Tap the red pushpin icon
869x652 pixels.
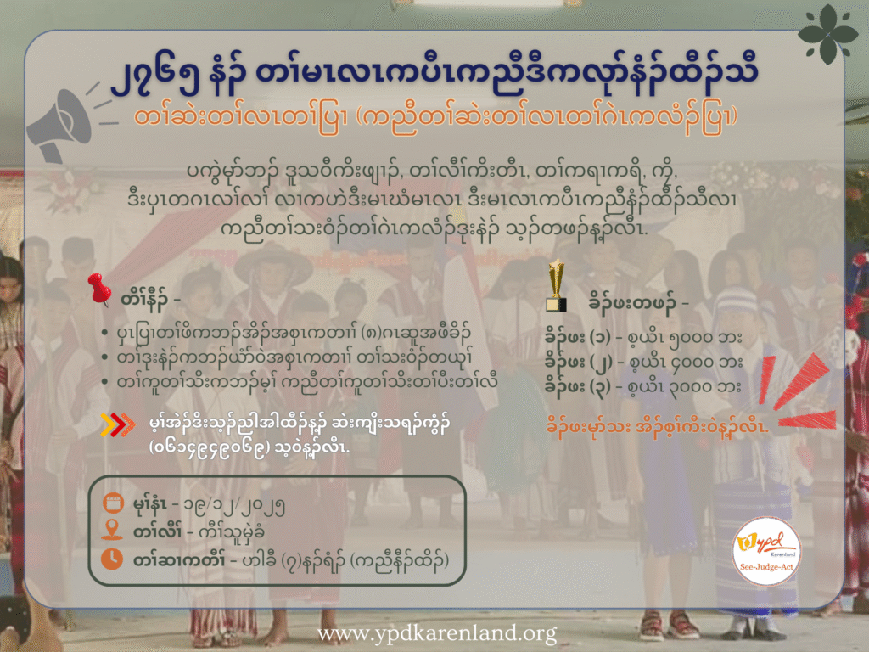(99, 289)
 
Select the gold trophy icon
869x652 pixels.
(557, 285)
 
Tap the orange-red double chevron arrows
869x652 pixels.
(117, 424)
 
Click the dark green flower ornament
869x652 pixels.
(827, 34)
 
